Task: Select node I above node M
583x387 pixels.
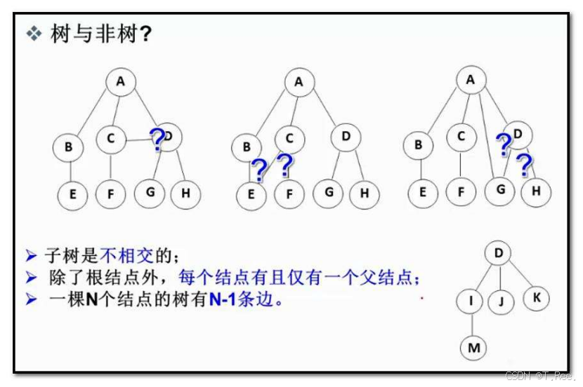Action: pyautogui.click(x=470, y=301)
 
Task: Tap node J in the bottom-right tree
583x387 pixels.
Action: pyautogui.click(x=501, y=301)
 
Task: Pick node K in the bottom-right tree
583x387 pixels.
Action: pyautogui.click(x=536, y=297)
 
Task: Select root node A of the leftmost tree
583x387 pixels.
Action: pyautogui.click(x=120, y=81)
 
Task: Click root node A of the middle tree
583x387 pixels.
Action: pyautogui.click(x=299, y=82)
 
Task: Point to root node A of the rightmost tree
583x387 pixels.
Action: pyautogui.click(x=470, y=80)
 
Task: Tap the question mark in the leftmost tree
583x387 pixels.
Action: pyautogui.click(x=157, y=140)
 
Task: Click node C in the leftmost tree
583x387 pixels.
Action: pyautogui.click(x=110, y=139)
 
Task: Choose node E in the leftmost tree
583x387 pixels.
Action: pyautogui.click(x=72, y=194)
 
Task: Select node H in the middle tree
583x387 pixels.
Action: pyautogui.click(x=364, y=194)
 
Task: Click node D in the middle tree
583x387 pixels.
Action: pyautogui.click(x=345, y=137)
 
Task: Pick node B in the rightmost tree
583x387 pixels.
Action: pyautogui.click(x=419, y=145)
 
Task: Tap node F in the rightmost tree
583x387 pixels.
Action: pyautogui.click(x=461, y=191)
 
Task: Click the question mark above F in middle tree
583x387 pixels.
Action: pyautogui.click(x=284, y=165)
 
